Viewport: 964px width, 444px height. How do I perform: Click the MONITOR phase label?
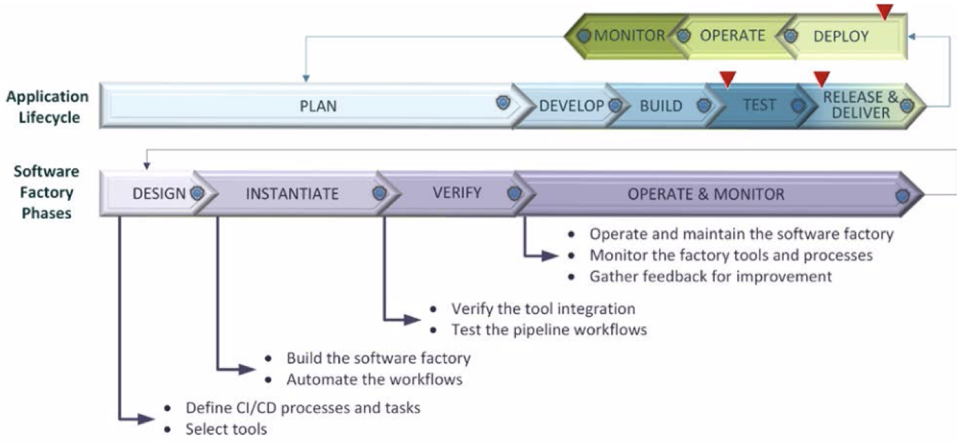tap(629, 35)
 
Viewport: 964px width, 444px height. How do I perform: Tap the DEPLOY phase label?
tap(841, 37)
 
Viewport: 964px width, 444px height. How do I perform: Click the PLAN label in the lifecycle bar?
tap(318, 106)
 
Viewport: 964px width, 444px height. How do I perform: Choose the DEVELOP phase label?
tap(572, 106)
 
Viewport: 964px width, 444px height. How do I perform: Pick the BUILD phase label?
tap(661, 106)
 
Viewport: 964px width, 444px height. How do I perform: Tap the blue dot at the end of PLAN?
tap(502, 103)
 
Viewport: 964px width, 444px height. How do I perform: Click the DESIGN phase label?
tap(159, 194)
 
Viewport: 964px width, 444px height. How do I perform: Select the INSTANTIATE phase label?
tap(292, 194)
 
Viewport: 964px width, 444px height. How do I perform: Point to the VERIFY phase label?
tap(457, 192)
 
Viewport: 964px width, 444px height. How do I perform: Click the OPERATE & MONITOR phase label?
tap(706, 195)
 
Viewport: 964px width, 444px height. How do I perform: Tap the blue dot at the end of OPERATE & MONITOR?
tap(902, 196)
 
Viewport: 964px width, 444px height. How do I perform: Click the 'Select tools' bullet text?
tap(226, 429)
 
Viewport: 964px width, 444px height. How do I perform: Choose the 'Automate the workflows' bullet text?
tap(375, 380)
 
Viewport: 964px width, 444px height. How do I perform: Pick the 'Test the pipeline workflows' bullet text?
tap(549, 329)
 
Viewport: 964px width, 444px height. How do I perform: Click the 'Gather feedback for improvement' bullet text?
tap(711, 276)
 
